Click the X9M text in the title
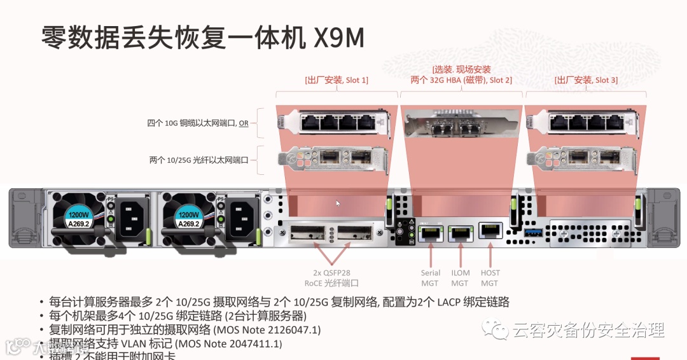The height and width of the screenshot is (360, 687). pos(339,38)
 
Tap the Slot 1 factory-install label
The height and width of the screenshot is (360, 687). pos(337,80)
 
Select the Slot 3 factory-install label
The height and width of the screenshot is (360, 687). pos(586,80)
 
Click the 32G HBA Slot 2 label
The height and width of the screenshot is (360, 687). pos(461,80)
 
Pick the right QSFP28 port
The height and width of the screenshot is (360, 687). pos(355,233)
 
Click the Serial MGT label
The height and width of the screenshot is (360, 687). pos(431,278)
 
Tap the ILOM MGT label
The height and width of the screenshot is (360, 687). pos(460,278)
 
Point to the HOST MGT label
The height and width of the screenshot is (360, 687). pos(490,278)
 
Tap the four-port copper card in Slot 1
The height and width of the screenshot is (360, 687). pos(337,122)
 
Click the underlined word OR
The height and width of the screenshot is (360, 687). pos(244,123)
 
